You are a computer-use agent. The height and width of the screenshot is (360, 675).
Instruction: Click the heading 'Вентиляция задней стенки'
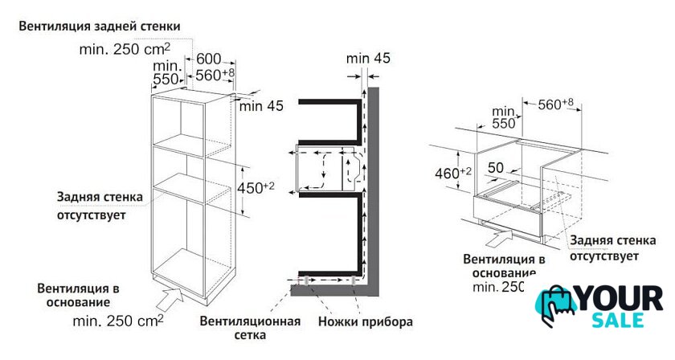[100, 27]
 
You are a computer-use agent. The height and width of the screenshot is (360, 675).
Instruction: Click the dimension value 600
[209, 59]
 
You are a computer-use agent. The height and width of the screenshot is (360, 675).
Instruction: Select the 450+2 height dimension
[256, 188]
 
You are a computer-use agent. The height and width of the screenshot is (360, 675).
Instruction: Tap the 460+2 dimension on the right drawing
[453, 173]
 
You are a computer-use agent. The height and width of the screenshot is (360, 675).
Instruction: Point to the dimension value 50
[496, 167]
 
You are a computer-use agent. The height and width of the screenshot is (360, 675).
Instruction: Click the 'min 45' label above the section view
[368, 58]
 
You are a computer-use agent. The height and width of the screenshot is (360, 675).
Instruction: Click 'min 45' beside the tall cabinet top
[261, 105]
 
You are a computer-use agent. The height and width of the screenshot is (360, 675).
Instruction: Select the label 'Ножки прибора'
[366, 321]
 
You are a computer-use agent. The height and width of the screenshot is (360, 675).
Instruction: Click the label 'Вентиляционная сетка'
[250, 328]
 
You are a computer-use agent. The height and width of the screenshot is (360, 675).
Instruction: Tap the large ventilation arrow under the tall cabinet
[170, 298]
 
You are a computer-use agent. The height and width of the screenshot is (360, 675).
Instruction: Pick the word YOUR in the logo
[619, 298]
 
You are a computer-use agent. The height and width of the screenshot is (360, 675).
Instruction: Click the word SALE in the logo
[618, 321]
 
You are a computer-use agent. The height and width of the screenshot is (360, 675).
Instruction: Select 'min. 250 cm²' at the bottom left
[118, 321]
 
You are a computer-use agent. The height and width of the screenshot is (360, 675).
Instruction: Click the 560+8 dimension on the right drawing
[556, 104]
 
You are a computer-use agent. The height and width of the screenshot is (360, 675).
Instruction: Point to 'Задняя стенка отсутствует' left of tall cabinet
[100, 206]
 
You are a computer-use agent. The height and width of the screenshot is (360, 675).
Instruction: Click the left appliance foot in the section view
[305, 280]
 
